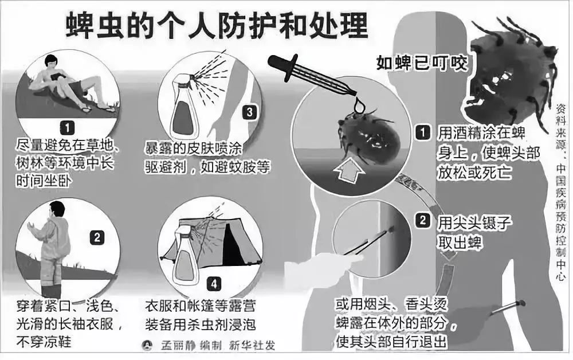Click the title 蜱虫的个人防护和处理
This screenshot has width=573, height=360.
217,26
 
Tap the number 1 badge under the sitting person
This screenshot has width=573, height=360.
67,128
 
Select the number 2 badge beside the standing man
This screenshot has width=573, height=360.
97,238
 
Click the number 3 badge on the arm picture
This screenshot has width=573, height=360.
249,112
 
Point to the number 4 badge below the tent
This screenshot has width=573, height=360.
214,284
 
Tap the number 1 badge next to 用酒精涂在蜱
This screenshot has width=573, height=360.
423,132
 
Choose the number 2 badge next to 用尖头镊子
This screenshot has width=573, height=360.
423,220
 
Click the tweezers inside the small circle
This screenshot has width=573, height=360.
369,241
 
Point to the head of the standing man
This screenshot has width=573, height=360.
57,209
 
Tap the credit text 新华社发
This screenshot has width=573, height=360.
252,345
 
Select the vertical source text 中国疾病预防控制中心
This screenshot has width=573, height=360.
560,222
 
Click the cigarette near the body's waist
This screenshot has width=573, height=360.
508,308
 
